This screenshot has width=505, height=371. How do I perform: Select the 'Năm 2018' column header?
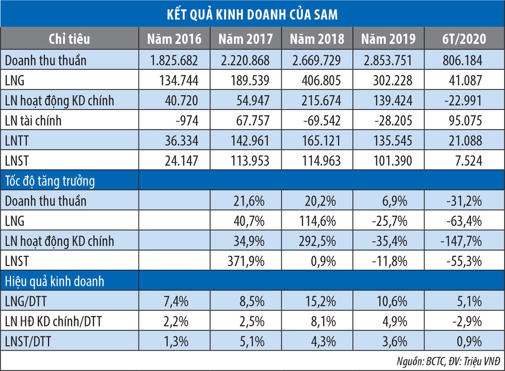pyautogui.click(x=316, y=39)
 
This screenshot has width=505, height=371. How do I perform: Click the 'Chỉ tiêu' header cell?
pyautogui.click(x=69, y=39)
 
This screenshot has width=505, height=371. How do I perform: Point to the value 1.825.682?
pyautogui.click(x=174, y=60)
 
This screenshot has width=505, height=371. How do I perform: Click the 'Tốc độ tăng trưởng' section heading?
pyautogui.click(x=50, y=181)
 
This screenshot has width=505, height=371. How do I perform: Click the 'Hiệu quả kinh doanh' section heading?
pyautogui.click(x=55, y=281)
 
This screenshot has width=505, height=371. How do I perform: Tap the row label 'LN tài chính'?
pyautogui.click(x=33, y=121)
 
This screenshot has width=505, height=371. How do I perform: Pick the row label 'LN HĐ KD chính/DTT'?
pyautogui.click(x=53, y=322)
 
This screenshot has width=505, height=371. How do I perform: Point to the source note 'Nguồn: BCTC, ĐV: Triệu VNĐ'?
pyautogui.click(x=448, y=361)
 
